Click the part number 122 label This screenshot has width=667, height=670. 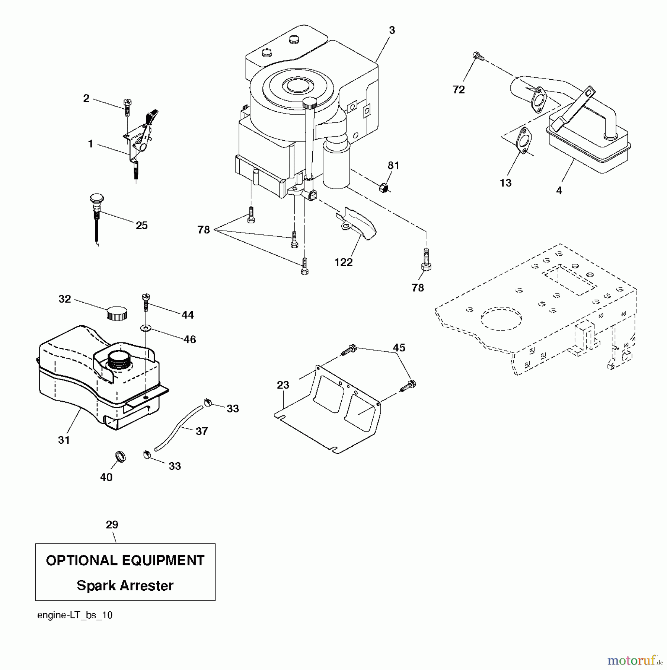pyautogui.click(x=343, y=262)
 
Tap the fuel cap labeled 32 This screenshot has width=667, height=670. pyautogui.click(x=117, y=313)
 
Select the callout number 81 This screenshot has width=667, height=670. pyautogui.click(x=393, y=166)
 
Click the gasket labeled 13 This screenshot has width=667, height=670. pyautogui.click(x=524, y=140)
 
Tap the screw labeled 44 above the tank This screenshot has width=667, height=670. pyautogui.click(x=146, y=302)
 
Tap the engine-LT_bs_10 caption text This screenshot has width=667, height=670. pyautogui.click(x=75, y=615)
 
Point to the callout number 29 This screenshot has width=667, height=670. pyautogui.click(x=112, y=525)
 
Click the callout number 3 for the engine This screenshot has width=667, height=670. pyautogui.click(x=392, y=31)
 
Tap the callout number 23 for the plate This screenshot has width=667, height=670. pyautogui.click(x=283, y=385)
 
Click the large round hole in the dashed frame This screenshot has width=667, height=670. pyautogui.click(x=502, y=319)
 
